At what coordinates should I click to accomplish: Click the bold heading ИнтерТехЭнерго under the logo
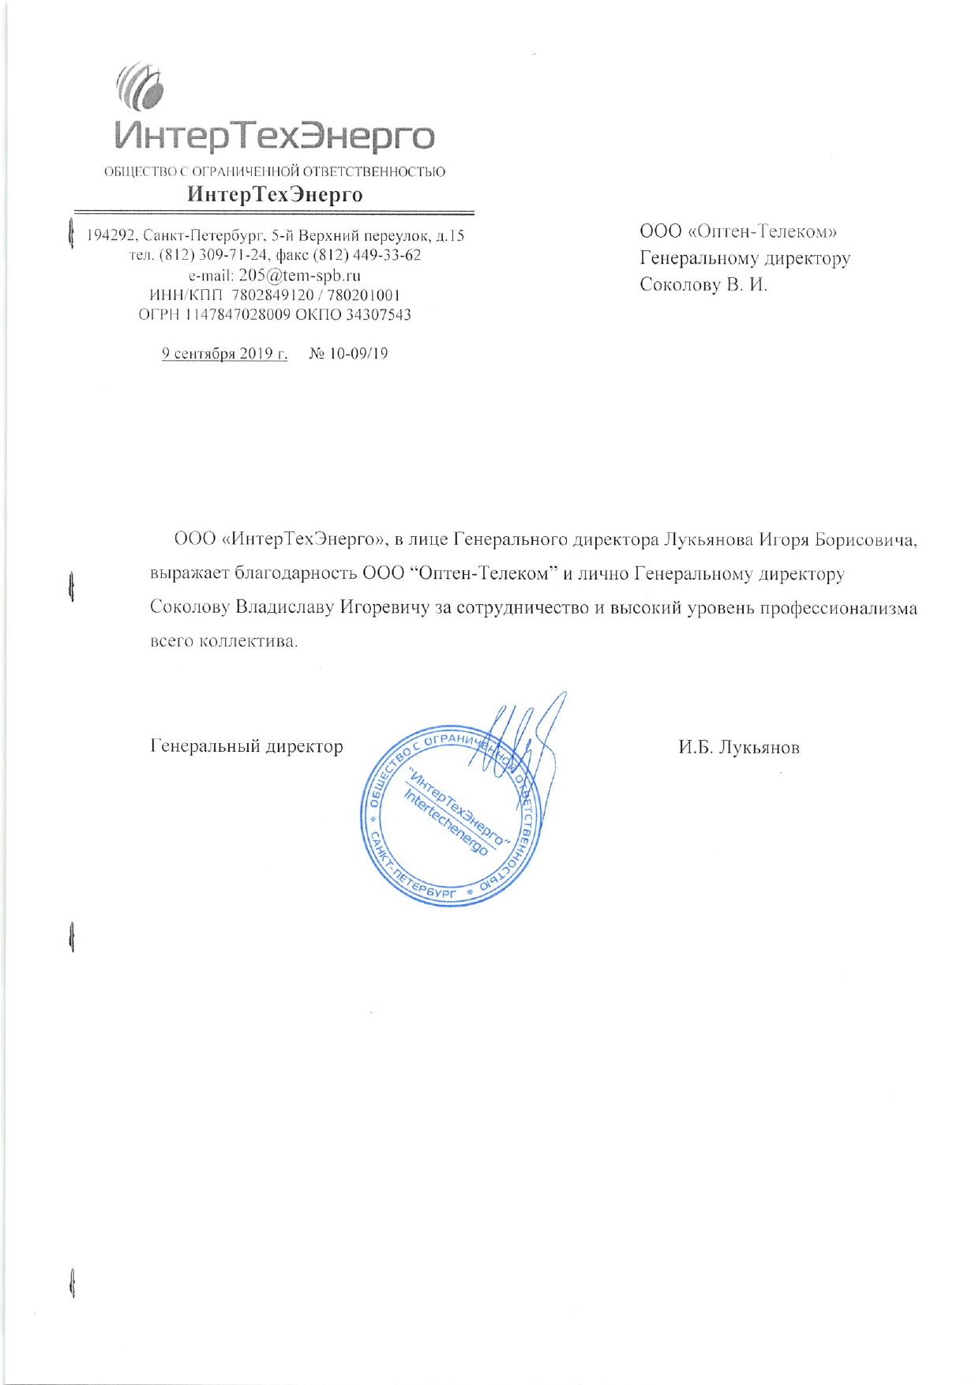point(275,194)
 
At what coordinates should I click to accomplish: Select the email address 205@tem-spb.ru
point(299,276)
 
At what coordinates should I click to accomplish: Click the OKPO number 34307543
point(378,314)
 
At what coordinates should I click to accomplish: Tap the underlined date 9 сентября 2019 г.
point(224,354)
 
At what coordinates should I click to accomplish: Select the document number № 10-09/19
point(348,354)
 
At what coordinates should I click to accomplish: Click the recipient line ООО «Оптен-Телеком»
point(737,231)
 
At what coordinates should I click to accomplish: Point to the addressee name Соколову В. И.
point(703,284)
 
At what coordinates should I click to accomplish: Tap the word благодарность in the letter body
point(296,574)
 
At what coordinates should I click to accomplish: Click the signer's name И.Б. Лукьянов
point(738,747)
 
